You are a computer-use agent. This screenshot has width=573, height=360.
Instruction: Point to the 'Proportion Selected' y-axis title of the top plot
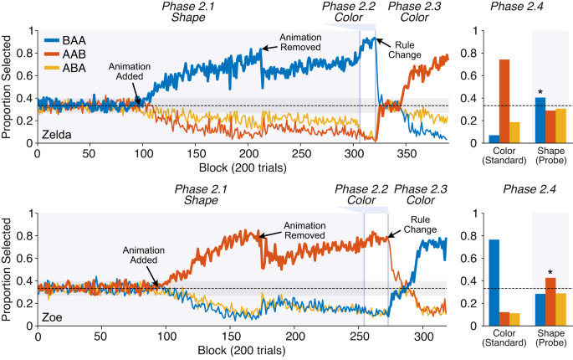pyautogui.click(x=9, y=87)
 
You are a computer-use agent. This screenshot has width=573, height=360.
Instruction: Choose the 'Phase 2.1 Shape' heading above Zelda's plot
pyautogui.click(x=200, y=13)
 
